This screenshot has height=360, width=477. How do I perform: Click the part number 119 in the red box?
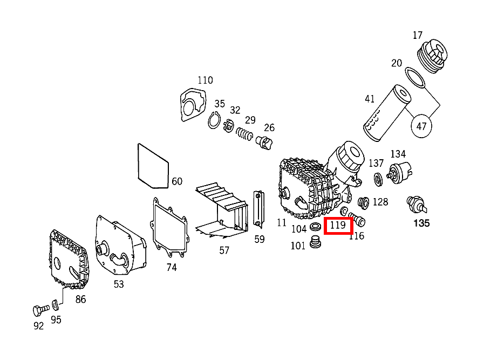point(338,225)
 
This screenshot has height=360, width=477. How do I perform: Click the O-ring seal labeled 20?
point(415,77)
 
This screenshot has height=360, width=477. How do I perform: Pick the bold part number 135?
point(421,223)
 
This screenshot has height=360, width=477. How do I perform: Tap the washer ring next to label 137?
point(378,178)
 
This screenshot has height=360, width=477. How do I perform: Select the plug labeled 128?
point(364,202)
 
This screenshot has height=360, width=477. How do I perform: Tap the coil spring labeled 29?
point(246,134)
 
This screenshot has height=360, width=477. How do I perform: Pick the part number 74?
point(171,267)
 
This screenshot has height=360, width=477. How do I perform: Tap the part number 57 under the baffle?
point(224,250)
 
